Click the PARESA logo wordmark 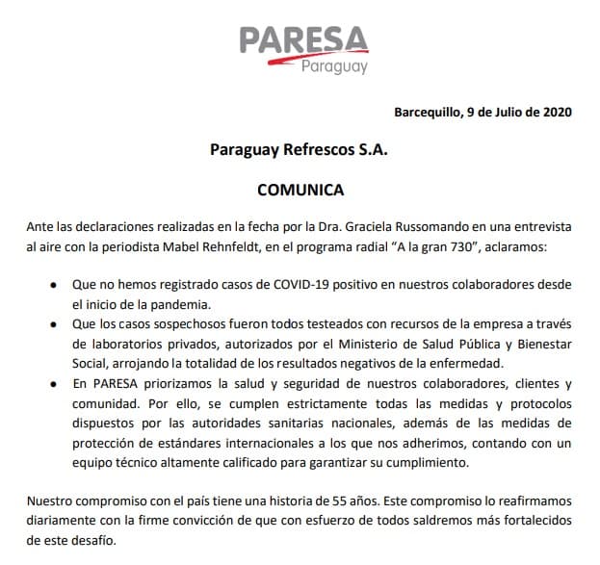(303, 40)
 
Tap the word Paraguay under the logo (334, 67)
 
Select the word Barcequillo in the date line (427, 112)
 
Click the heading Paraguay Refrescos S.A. (300, 151)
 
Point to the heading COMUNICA (300, 191)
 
